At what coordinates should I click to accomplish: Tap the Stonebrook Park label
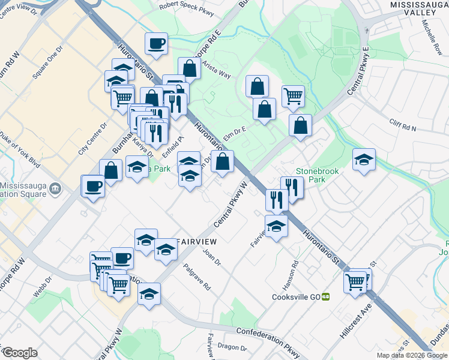317,175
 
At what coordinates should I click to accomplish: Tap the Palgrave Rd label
197,278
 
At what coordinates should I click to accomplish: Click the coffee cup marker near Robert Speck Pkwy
156,43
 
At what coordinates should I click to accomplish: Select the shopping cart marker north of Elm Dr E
293,95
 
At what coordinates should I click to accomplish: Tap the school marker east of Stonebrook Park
364,159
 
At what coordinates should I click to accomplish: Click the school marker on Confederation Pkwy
149,293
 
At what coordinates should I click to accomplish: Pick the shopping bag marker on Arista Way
190,68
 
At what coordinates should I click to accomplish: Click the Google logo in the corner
20,353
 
